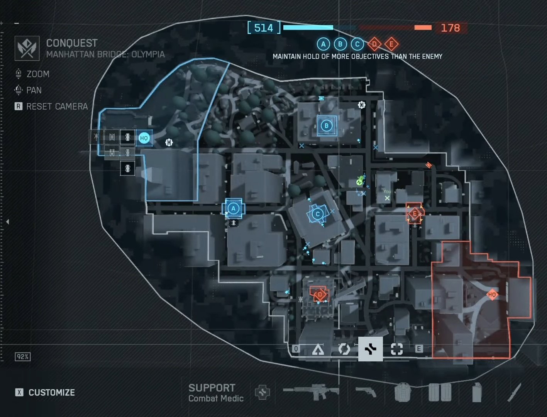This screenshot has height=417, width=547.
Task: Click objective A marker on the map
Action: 233,208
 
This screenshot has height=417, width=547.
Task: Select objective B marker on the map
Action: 327,125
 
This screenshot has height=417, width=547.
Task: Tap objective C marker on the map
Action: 318,214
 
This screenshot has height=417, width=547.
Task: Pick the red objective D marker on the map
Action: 319,295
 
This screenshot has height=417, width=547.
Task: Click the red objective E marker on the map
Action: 415,214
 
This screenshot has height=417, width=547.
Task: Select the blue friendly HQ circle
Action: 144,138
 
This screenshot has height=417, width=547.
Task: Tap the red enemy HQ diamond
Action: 492,295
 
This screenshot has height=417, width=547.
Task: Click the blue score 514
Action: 264,28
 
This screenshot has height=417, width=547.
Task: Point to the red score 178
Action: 450,28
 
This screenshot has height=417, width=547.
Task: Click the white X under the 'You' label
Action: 387,198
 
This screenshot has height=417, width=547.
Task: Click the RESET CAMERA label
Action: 57,106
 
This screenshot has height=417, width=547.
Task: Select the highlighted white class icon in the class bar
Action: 370,349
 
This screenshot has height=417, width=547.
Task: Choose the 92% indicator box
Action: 23,357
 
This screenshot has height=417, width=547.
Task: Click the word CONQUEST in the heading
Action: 72,43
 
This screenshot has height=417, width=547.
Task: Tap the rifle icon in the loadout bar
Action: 311,392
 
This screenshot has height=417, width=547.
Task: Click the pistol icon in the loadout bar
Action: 366,392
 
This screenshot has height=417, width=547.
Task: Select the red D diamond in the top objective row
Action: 374,44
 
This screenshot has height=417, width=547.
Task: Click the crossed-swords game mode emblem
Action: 27,48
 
